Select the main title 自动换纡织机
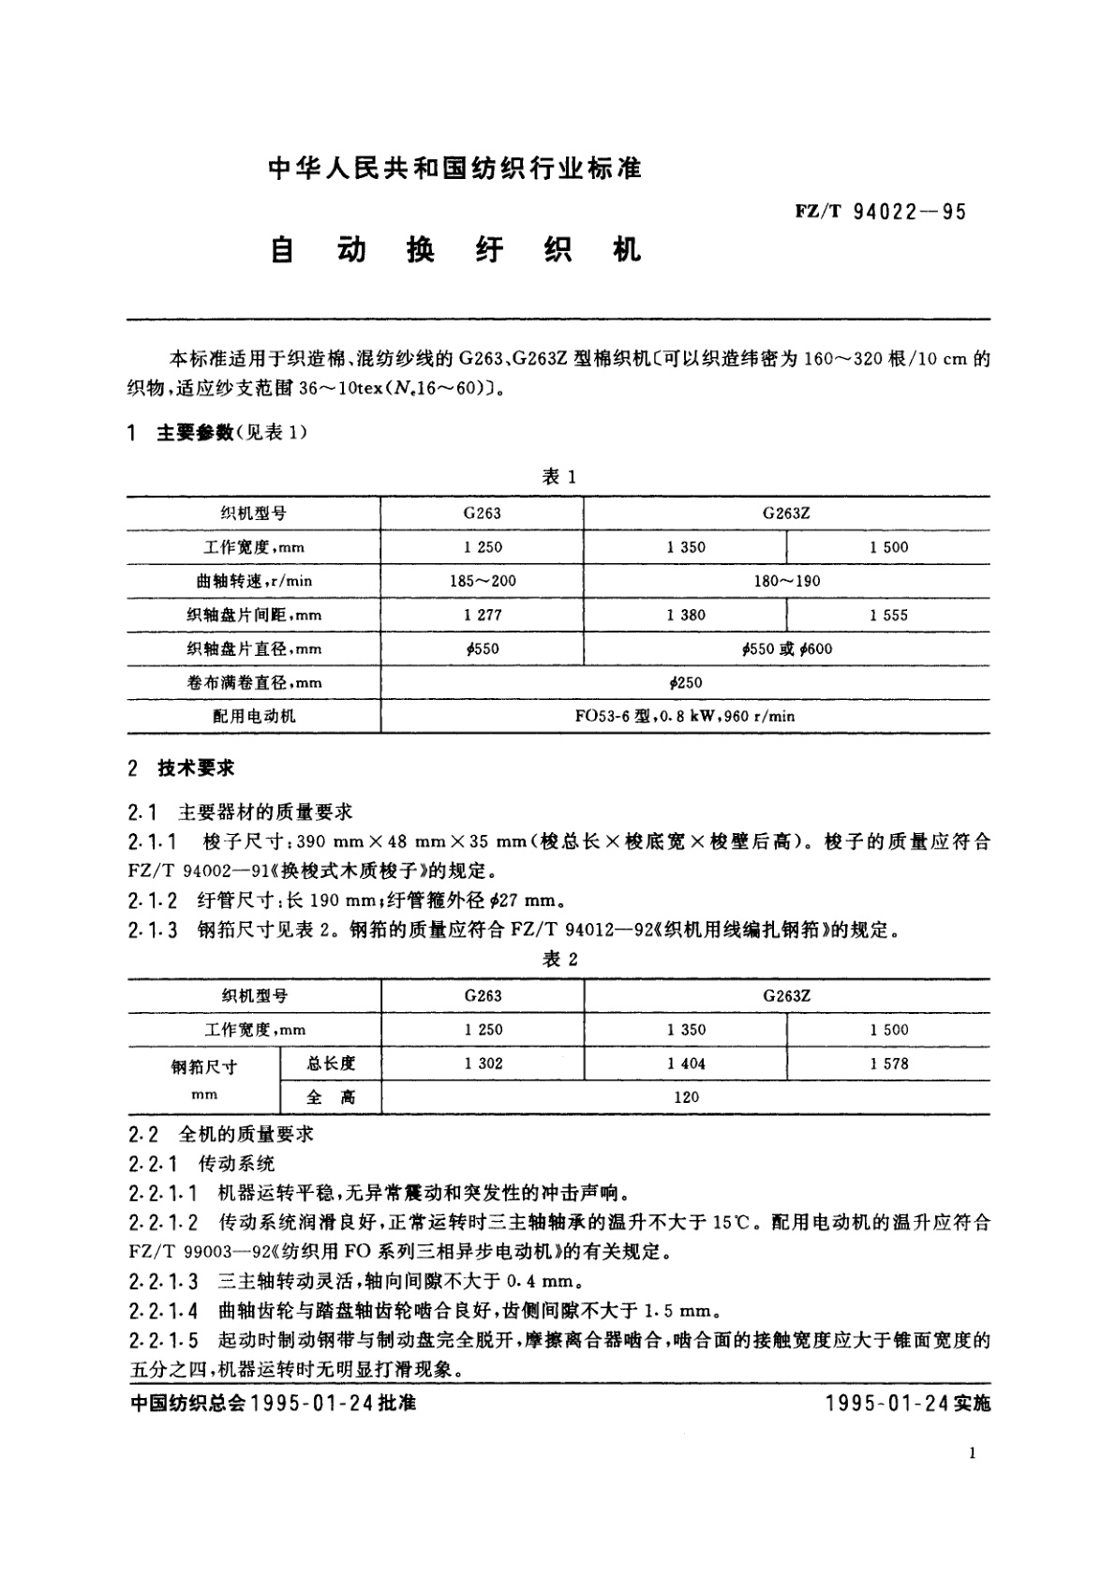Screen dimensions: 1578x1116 click(455, 250)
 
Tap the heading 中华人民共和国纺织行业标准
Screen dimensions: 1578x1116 click(455, 169)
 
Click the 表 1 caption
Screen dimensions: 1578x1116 click(559, 477)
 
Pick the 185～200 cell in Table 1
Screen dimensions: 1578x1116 click(483, 581)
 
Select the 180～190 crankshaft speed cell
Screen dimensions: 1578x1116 click(786, 581)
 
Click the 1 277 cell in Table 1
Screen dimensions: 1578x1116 click(483, 616)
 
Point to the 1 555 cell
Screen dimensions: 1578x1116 click(888, 616)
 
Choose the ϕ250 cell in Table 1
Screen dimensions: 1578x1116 click(685, 683)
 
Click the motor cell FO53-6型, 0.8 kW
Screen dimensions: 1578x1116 click(685, 717)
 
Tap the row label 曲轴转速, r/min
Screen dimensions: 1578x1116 click(254, 581)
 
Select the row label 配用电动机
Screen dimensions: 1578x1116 click(254, 717)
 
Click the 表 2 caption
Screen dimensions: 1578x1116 click(559, 960)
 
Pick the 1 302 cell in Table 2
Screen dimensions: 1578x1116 click(483, 1064)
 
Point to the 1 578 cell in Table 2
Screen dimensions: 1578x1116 click(888, 1064)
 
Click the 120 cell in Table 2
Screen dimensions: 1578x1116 click(685, 1097)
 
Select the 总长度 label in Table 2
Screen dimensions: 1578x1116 click(331, 1064)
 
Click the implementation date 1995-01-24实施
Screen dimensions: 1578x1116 click(908, 1404)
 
